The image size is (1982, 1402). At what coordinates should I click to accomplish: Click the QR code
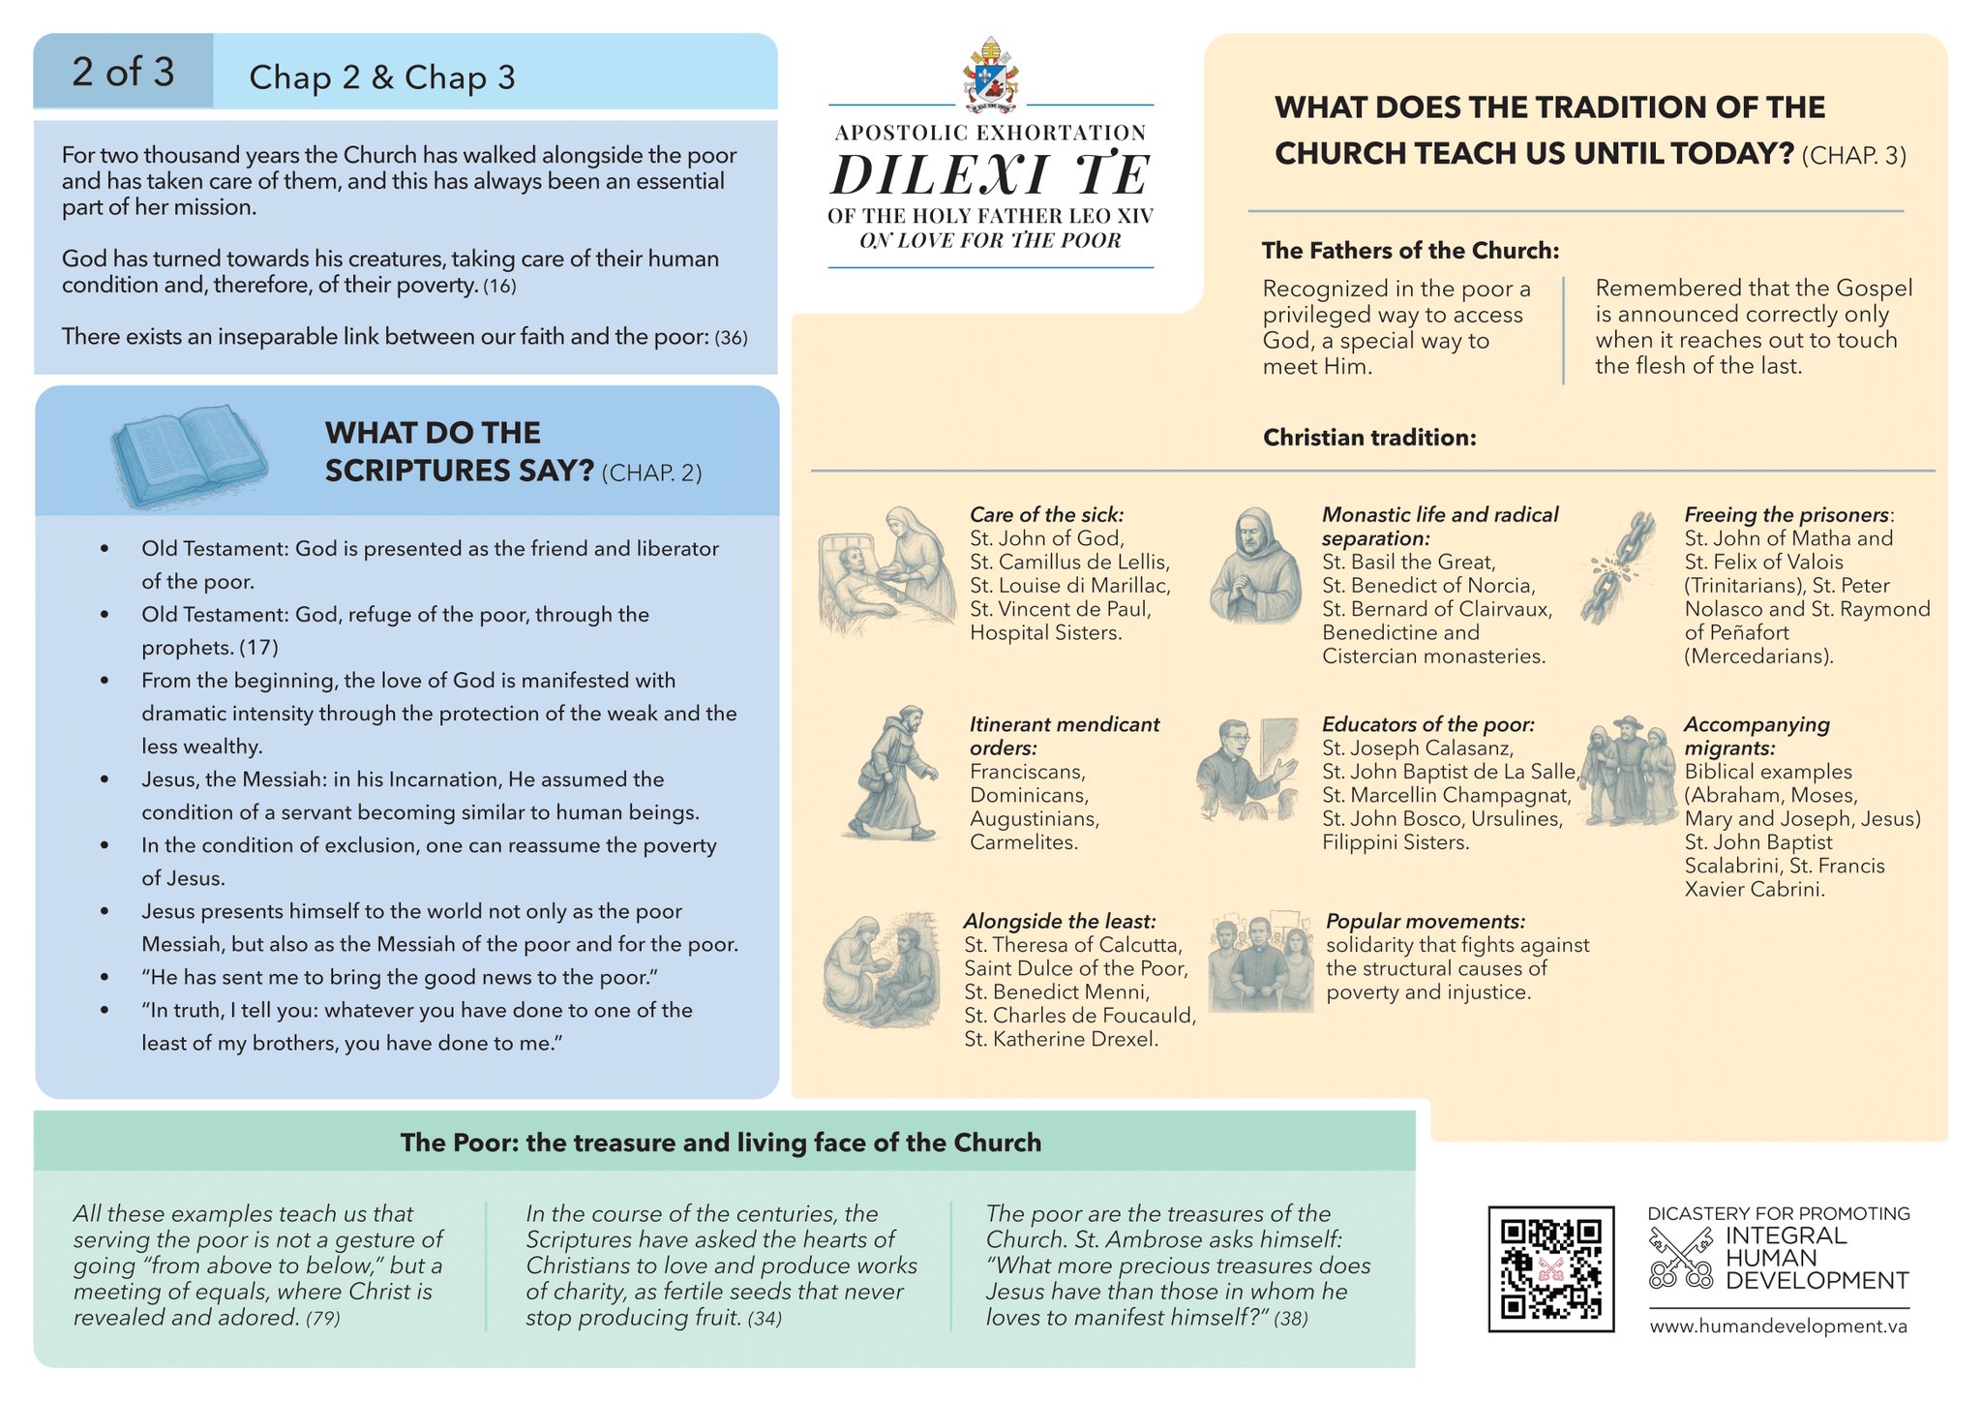[x=1550, y=1268]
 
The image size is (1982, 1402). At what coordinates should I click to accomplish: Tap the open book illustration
[x=189, y=455]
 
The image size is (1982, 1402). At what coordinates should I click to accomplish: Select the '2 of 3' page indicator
[x=123, y=72]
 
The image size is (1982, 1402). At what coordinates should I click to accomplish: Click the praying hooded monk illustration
[x=1255, y=565]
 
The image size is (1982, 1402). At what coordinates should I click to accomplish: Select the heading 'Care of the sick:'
[x=1046, y=515]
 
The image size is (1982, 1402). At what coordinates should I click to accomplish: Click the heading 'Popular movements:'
[x=1425, y=921]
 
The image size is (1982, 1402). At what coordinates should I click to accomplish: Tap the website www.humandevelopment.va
[x=1779, y=1326]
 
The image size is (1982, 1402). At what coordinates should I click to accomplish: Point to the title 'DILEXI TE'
[x=990, y=175]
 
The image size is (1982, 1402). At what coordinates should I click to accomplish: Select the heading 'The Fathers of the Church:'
[x=1410, y=251]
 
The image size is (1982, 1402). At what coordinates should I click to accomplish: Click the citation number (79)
[x=323, y=1319]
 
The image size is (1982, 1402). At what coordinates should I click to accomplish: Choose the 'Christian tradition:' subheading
[x=1369, y=438]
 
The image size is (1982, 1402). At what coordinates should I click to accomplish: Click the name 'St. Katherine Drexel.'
[x=1061, y=1040]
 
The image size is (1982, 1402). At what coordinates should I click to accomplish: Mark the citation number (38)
[x=1291, y=1319]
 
